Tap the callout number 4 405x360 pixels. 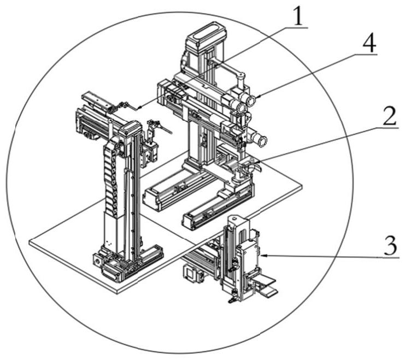pos(369,44)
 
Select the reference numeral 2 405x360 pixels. pos(390,116)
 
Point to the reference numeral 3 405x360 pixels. pos(390,246)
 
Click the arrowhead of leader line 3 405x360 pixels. pos(263,256)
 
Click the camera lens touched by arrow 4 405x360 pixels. pos(251,101)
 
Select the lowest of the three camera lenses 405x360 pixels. pos(262,141)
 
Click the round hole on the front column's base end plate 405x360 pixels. pos(98,261)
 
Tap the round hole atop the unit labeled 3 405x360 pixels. pos(234,219)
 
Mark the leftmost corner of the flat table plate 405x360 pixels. pos(30,242)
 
